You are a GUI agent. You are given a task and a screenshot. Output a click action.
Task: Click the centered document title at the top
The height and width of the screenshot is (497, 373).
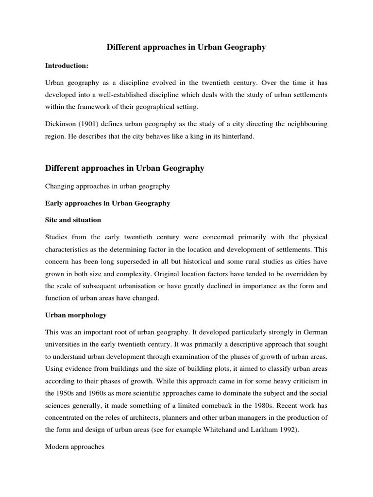186,47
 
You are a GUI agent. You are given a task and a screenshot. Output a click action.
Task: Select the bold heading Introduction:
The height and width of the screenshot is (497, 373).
67,65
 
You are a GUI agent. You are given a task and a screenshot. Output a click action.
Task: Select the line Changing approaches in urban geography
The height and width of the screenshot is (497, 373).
107,186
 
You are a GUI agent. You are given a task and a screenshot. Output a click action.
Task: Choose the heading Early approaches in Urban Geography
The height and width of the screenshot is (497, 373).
107,203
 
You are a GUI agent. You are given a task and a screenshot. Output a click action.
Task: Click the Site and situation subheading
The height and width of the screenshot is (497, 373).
73,220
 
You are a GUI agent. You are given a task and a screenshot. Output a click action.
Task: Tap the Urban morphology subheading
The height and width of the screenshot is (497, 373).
76,315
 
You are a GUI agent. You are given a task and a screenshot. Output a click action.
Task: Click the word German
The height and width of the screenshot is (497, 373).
314,332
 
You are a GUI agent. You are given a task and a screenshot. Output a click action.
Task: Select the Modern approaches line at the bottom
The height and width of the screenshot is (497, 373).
75,447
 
